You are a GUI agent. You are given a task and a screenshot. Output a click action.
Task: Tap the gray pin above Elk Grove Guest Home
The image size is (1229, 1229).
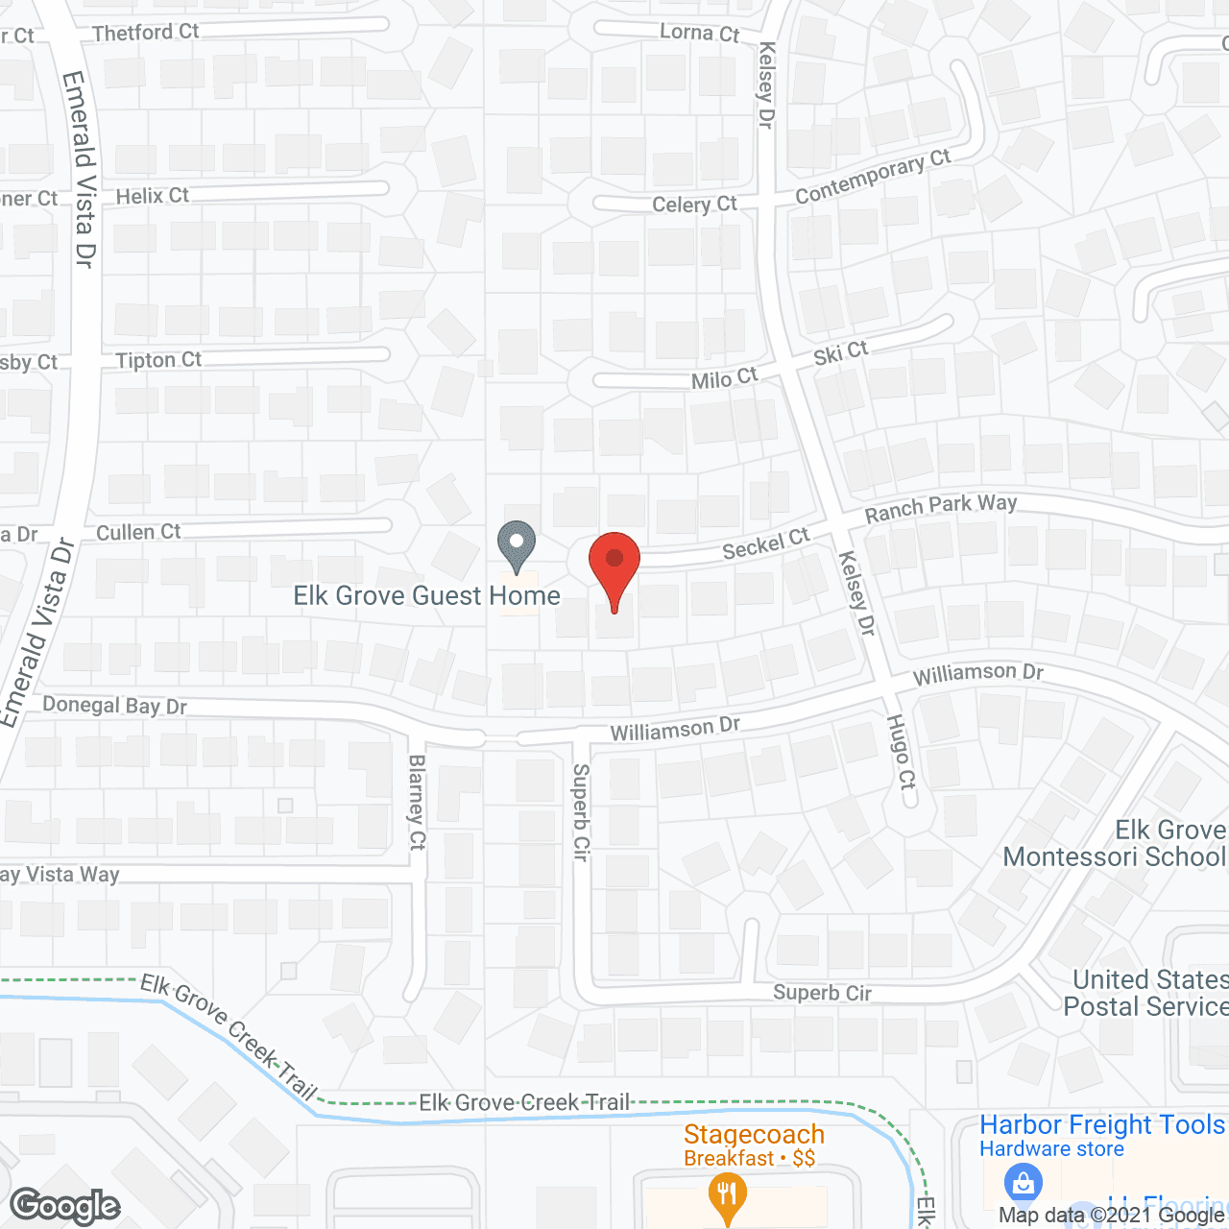point(517,545)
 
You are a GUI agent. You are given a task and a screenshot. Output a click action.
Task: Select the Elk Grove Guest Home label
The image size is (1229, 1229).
point(426,596)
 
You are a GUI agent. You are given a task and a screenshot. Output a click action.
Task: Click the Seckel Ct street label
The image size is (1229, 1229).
point(765,544)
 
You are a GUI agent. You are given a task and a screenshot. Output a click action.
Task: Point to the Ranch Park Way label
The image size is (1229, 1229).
point(940,507)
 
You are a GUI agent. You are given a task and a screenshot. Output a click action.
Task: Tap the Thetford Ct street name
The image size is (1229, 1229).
point(145,33)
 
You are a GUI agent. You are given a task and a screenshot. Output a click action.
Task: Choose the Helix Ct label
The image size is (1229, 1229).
point(152,196)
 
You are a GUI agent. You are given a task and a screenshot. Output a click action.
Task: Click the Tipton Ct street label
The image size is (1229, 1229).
point(158,360)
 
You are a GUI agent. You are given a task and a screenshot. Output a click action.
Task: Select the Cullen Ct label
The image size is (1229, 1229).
point(138,532)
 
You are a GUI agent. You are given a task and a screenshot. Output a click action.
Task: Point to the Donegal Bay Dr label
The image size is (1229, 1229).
point(114,706)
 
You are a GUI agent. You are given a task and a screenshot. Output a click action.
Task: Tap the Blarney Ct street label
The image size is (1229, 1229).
point(417,802)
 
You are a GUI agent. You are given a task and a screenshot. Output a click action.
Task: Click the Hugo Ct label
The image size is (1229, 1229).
point(901,752)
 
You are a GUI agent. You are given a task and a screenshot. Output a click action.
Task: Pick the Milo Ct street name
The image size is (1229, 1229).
point(724,379)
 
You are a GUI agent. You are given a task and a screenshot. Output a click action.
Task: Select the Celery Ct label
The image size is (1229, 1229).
point(694,205)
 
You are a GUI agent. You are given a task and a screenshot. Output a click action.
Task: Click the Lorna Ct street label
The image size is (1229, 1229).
point(699,33)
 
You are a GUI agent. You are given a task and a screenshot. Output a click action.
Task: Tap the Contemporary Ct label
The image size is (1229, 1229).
point(872,177)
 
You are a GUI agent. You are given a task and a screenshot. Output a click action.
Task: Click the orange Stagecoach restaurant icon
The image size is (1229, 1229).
point(727,1194)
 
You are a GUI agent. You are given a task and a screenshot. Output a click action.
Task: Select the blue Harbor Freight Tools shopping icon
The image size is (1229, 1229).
point(1023,1182)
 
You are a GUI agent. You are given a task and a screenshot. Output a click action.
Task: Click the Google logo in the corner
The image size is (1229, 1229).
point(64,1206)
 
